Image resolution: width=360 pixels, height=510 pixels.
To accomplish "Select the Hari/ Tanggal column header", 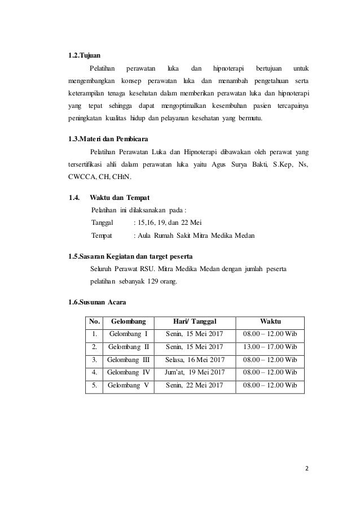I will [x=195, y=321].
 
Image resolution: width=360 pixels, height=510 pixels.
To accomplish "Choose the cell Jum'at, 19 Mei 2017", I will [x=195, y=372].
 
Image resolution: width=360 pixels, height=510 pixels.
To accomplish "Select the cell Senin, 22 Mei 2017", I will [x=195, y=386].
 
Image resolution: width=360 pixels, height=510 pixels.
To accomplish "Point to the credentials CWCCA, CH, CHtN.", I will [x=99, y=179].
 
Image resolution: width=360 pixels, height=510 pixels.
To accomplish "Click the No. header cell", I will [x=94, y=321].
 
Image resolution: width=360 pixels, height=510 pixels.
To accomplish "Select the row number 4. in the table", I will [x=94, y=372].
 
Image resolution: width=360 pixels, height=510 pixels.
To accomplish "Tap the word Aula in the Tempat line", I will [x=148, y=236].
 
